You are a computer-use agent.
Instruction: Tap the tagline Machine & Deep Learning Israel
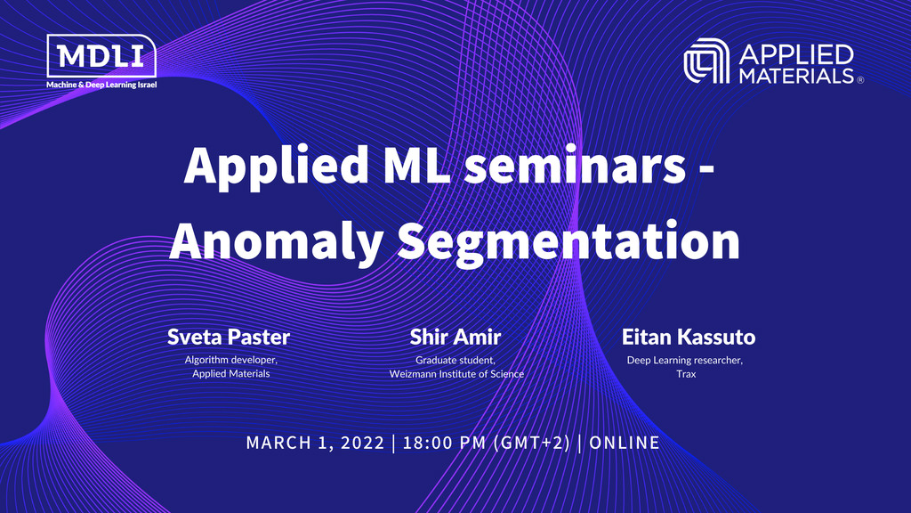click(101, 85)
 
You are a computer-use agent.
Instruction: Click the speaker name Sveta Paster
click(229, 338)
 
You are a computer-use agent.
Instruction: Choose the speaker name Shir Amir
click(455, 338)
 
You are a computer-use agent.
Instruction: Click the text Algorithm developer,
click(230, 360)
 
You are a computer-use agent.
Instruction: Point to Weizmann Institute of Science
click(455, 374)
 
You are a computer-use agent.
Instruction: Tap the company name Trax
click(685, 374)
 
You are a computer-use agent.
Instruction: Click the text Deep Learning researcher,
click(685, 360)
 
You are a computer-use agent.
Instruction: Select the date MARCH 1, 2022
click(316, 443)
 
